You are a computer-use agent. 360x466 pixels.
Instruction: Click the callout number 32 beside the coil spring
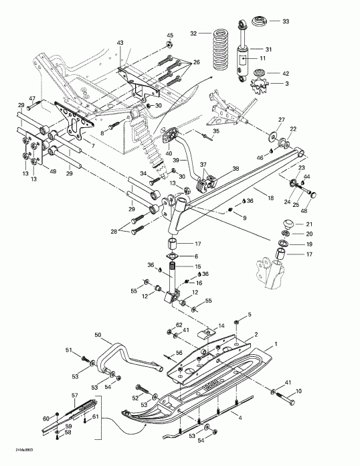193,33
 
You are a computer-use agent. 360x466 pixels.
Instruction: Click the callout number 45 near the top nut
169,35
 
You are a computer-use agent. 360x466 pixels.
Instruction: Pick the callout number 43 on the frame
120,43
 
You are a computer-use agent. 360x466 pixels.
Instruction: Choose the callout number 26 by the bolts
196,62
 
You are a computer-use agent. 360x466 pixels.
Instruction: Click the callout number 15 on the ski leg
197,267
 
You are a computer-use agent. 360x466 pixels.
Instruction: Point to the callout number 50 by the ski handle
97,334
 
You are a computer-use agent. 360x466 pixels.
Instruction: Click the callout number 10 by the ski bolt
298,390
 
